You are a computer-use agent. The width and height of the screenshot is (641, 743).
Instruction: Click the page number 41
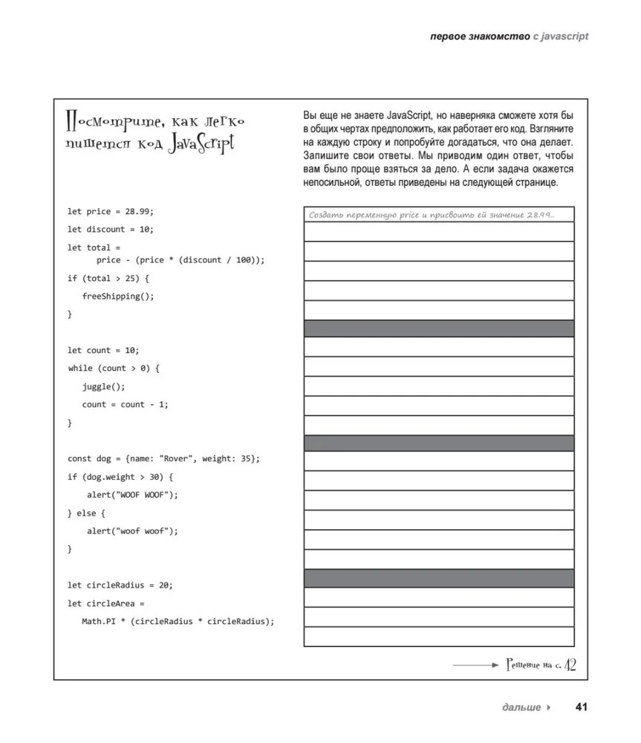[581, 707]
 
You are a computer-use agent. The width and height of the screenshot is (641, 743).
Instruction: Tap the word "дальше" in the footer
[521, 707]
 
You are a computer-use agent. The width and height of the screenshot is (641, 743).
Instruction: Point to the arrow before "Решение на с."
[475, 664]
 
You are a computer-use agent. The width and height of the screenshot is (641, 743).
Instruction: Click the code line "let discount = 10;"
[110, 230]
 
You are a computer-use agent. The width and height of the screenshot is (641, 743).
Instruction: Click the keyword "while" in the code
[79, 369]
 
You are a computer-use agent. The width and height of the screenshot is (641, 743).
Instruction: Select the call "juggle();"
[104, 386]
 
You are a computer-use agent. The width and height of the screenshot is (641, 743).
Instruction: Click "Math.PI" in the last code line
[98, 622]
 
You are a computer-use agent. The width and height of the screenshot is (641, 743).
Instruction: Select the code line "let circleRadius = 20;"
[120, 585]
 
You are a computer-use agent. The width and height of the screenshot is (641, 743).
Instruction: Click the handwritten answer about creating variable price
[432, 215]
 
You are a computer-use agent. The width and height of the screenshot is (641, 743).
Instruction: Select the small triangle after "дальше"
[549, 707]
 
